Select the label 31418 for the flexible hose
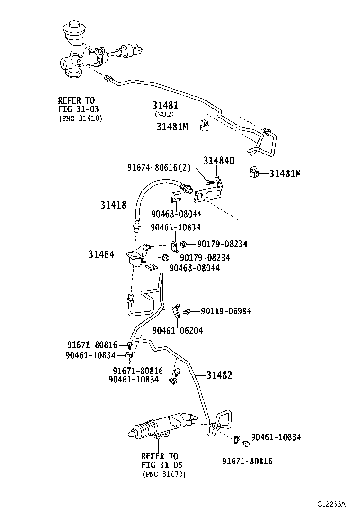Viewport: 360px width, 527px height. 113,205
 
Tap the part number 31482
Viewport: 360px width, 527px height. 219,375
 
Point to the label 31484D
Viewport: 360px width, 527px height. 219,161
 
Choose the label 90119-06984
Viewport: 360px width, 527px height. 225,311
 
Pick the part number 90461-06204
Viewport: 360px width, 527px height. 178,330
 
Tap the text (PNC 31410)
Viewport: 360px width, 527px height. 81,118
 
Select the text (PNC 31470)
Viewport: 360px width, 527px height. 164,474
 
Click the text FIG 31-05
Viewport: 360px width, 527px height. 162,465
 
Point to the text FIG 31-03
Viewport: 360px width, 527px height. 76,109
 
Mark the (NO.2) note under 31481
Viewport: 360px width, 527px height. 165,114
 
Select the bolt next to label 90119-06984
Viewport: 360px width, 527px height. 188,311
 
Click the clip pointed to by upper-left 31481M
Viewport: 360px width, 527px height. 205,126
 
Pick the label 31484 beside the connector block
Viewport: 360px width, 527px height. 101,254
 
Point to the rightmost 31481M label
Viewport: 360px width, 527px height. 285,173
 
